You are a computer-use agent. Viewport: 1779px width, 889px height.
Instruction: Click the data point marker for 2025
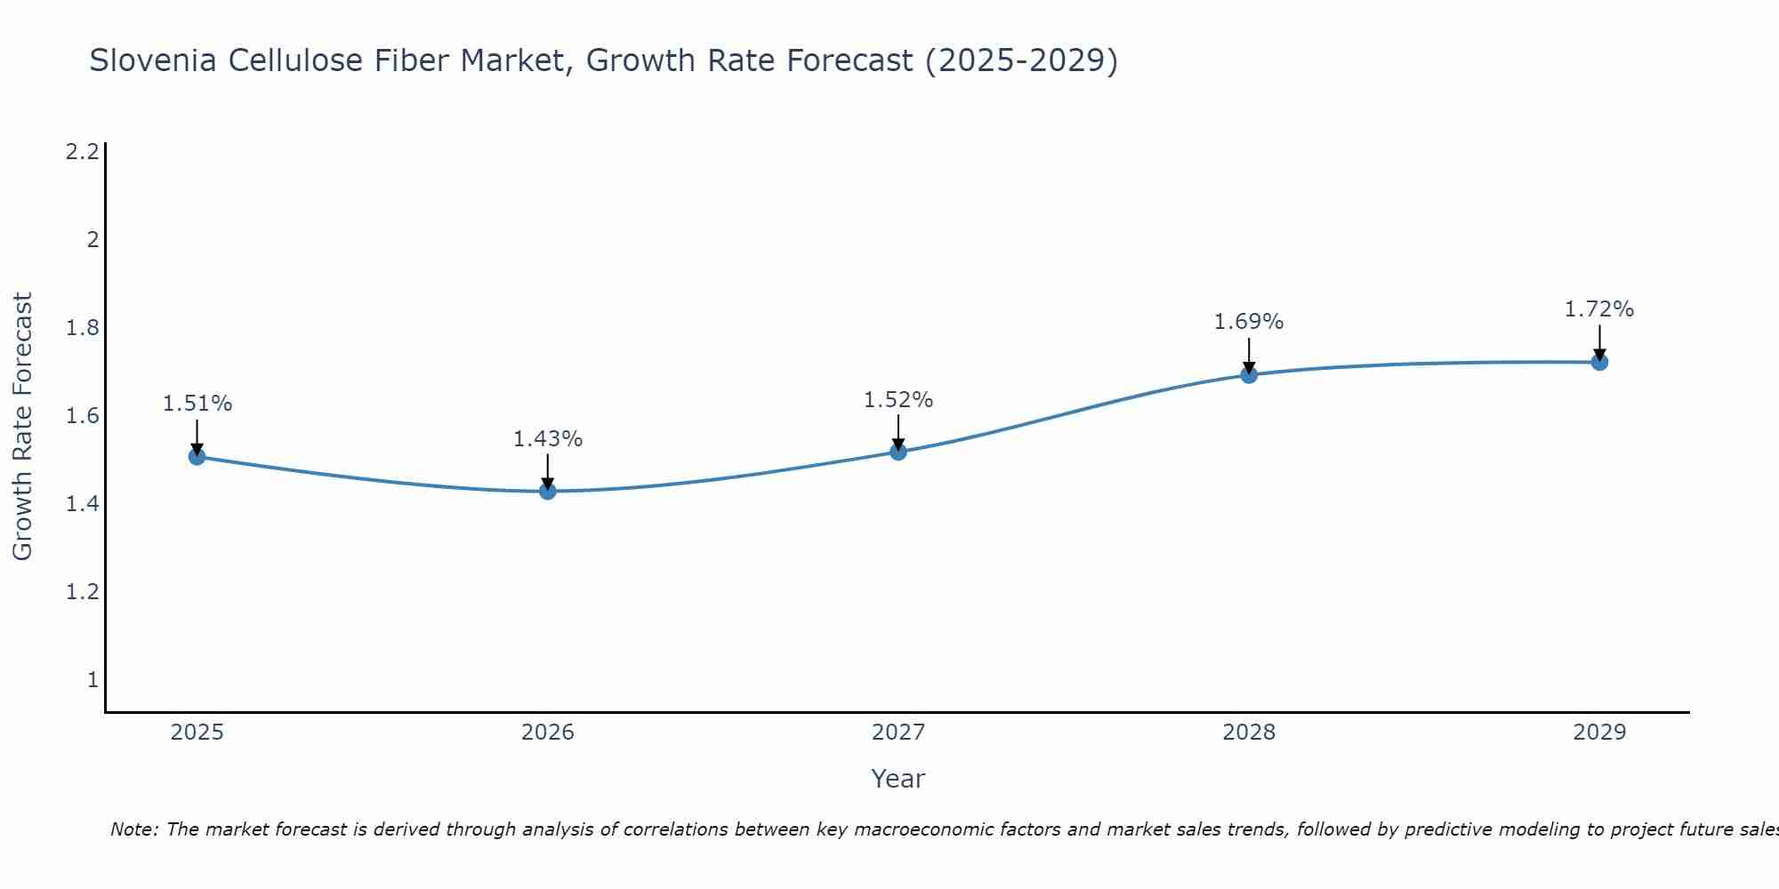[197, 457]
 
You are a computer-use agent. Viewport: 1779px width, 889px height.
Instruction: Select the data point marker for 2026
[547, 491]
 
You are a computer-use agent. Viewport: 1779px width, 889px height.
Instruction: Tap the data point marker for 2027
[898, 452]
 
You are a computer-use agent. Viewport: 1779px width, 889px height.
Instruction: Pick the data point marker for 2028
[1249, 374]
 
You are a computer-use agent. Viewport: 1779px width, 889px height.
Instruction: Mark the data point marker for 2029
[1599, 362]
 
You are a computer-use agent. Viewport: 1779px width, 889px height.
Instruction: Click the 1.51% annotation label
[197, 404]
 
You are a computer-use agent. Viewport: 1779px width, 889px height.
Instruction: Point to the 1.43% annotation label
[547, 439]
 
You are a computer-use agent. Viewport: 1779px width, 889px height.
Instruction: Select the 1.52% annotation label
[898, 400]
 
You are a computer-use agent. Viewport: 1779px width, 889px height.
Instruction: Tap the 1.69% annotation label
[1249, 322]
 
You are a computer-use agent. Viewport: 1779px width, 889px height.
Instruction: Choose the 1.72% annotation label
[1599, 309]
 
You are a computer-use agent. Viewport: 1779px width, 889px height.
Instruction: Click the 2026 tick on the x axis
[547, 733]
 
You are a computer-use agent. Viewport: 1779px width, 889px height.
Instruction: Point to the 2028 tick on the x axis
[1249, 733]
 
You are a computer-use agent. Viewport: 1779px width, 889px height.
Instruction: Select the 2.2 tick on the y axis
[82, 152]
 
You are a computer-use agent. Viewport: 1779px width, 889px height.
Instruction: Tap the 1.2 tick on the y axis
[82, 592]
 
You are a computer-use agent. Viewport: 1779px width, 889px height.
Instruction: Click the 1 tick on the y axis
[93, 680]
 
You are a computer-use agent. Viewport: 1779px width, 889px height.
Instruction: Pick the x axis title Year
[898, 779]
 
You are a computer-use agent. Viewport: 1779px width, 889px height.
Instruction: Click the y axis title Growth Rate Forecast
[22, 427]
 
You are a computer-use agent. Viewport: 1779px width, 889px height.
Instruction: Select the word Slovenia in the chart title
[152, 60]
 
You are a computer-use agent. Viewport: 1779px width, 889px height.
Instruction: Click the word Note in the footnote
[133, 829]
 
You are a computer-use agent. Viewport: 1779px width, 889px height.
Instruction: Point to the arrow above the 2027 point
[898, 432]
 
